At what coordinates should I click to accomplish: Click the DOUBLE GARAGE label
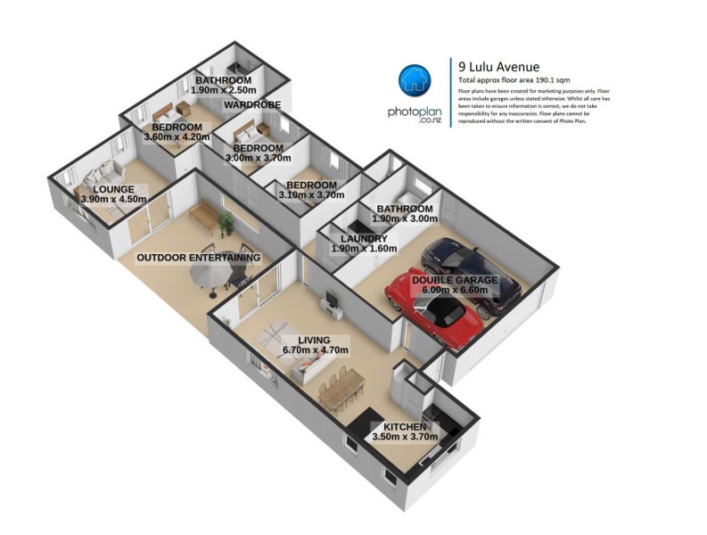tap(454, 280)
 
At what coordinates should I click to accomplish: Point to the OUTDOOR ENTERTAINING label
tap(198, 258)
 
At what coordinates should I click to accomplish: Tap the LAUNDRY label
tap(364, 239)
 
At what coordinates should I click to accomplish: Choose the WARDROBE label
tap(252, 105)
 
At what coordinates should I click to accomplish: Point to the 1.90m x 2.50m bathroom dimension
tap(223, 91)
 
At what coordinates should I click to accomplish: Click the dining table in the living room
tap(344, 386)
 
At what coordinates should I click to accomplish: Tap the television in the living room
tap(330, 300)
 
